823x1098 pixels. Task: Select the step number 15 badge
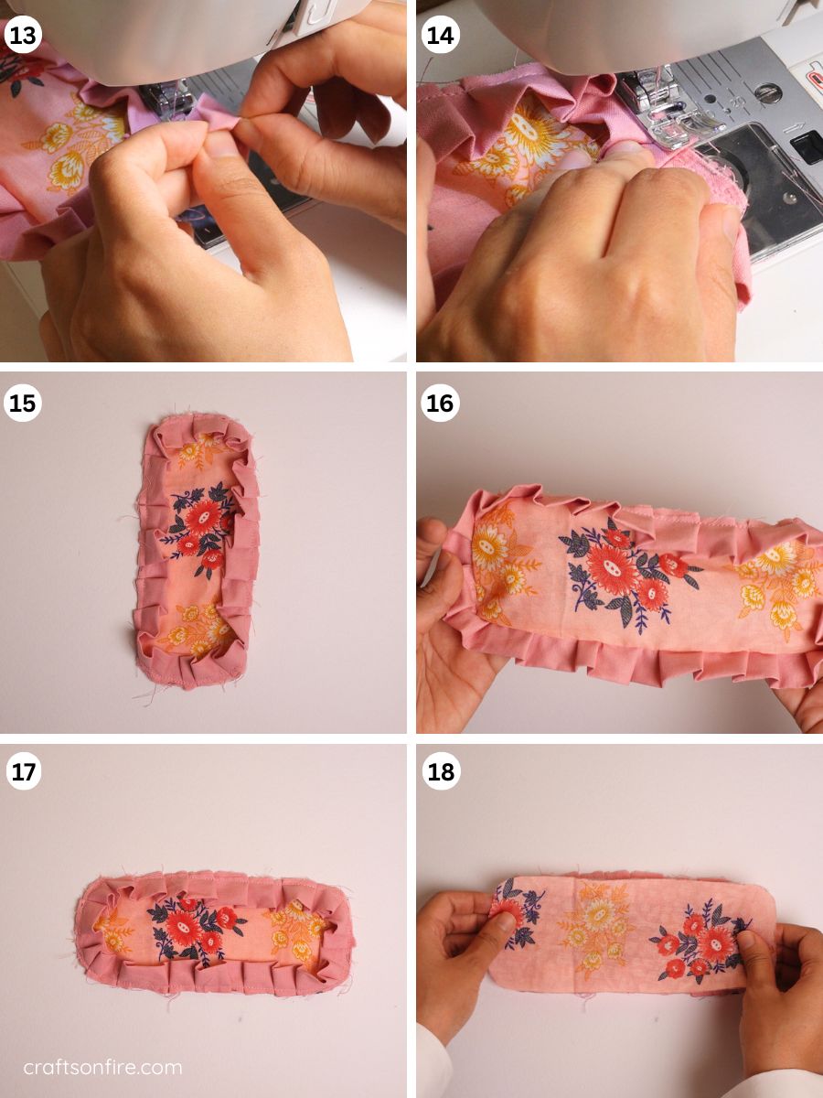(x=23, y=404)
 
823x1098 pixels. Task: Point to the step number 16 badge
(x=440, y=404)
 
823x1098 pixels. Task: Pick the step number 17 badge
(x=23, y=772)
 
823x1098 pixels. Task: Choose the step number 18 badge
(x=440, y=772)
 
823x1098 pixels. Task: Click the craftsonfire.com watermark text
(x=102, y=1068)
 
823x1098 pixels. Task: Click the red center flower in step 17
(x=184, y=924)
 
